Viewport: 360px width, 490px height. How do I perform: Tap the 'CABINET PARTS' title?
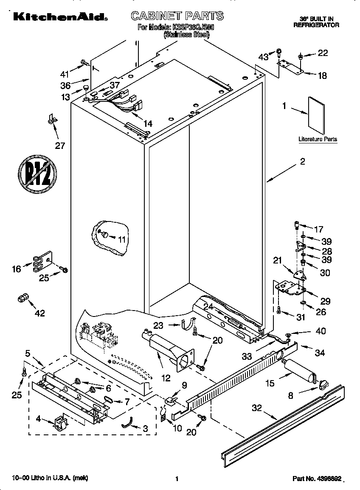[x=177, y=16]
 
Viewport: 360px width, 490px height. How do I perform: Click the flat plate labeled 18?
[x=291, y=66]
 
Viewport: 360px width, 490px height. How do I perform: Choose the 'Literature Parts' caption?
[x=318, y=139]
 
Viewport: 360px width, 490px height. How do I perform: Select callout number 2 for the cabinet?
[x=302, y=161]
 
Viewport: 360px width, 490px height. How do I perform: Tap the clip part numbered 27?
[x=52, y=120]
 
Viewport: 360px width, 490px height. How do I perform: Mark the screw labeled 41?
[x=84, y=63]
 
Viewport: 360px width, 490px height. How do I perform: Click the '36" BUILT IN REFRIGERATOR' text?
[x=316, y=22]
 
